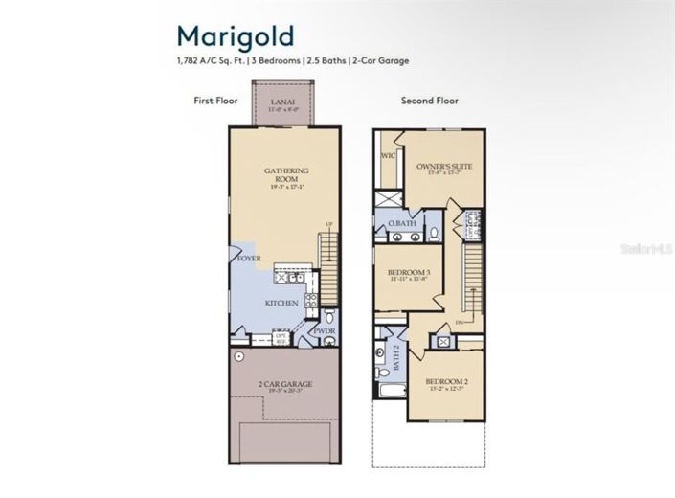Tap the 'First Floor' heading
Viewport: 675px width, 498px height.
216,100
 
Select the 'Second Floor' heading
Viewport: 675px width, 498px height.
429,100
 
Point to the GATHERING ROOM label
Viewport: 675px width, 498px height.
286,174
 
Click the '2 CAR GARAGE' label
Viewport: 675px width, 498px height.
285,385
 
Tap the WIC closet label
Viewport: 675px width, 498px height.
388,155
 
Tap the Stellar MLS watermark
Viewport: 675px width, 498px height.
645,248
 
